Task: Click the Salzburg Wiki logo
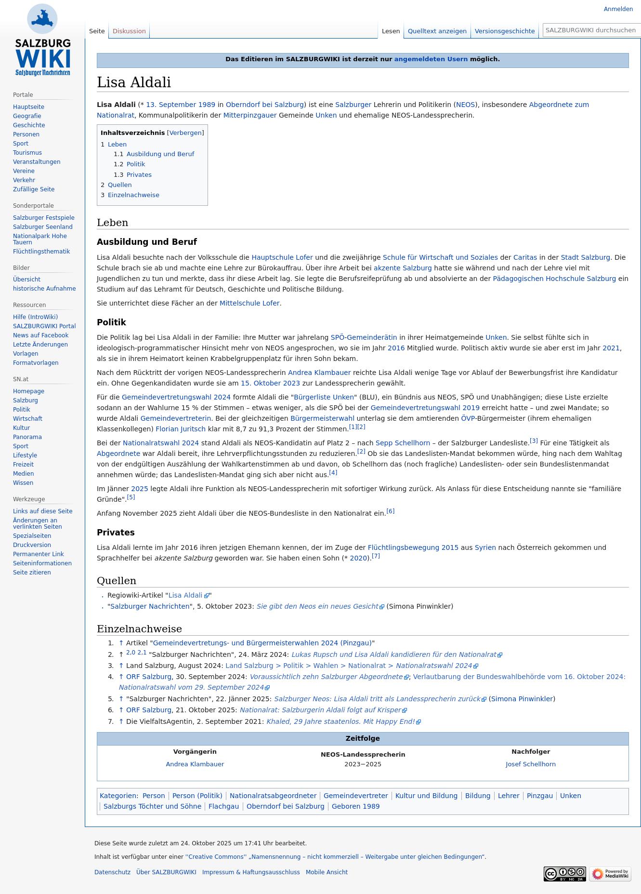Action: click(x=42, y=40)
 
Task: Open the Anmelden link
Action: click(x=618, y=9)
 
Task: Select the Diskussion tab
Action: click(x=129, y=31)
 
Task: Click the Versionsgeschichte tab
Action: click(x=504, y=31)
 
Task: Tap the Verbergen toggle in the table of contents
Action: click(x=185, y=133)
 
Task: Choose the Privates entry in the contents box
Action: click(x=139, y=175)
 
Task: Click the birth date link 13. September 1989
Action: click(x=181, y=105)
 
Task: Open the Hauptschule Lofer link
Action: click(x=282, y=258)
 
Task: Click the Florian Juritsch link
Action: click(x=180, y=429)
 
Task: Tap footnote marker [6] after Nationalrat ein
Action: click(x=391, y=511)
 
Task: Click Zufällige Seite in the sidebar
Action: click(x=34, y=189)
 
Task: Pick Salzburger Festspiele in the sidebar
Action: click(x=43, y=218)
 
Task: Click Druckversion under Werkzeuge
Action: click(x=32, y=545)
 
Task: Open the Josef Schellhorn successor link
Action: click(x=530, y=764)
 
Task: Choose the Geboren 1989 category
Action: click(x=355, y=806)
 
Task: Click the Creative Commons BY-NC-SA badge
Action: click(x=564, y=874)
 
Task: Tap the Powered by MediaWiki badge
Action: click(x=610, y=874)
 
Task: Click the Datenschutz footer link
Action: click(x=112, y=872)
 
